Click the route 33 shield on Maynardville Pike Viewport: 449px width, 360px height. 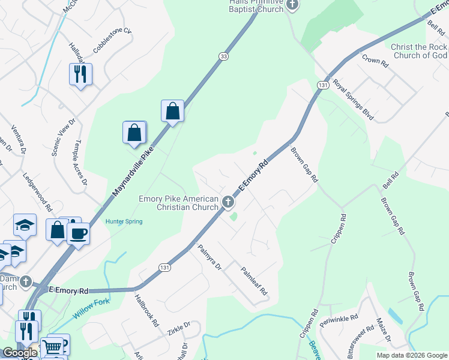point(223,56)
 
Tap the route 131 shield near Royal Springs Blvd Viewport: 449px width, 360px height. point(323,86)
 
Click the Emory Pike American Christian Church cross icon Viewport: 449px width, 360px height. point(228,203)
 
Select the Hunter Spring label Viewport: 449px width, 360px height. point(124,221)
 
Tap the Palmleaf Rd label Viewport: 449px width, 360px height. point(254,281)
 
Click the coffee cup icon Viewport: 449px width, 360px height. point(78,233)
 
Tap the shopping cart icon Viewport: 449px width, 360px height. point(52,346)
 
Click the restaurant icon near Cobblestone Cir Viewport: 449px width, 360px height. point(80,74)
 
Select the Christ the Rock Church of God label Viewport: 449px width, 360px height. point(419,51)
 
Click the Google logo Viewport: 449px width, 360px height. point(20,353)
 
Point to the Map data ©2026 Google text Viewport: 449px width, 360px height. point(411,355)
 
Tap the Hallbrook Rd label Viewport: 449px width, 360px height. point(147,310)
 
